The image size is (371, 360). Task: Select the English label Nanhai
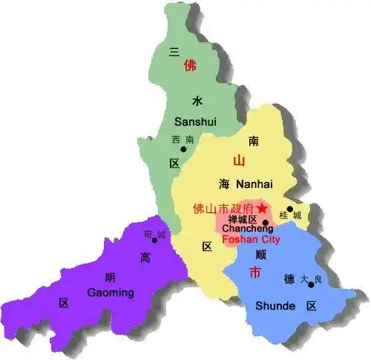(255, 183)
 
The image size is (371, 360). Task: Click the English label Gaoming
(110, 292)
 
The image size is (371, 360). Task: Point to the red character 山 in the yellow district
(239, 160)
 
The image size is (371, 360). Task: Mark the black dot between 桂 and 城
(289, 209)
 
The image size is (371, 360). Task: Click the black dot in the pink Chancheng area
(266, 222)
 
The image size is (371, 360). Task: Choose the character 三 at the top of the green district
(175, 51)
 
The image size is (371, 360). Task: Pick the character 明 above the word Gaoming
(110, 278)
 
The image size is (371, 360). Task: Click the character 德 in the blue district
(289, 279)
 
